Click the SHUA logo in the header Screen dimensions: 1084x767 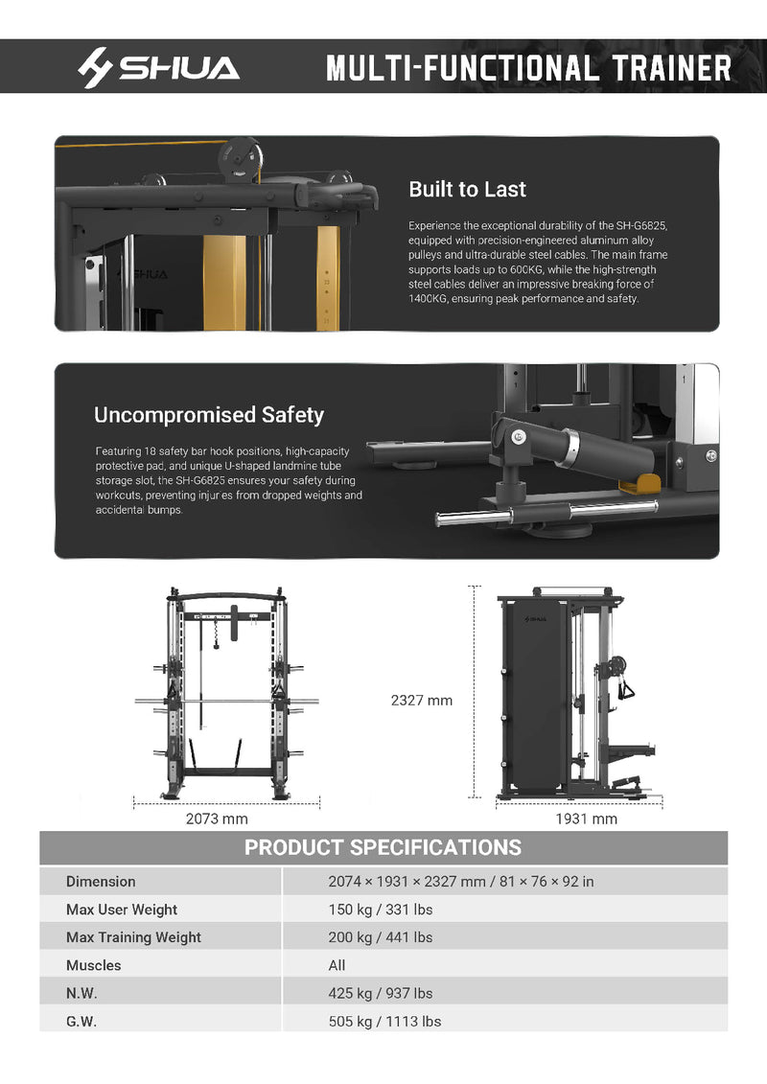(x=158, y=68)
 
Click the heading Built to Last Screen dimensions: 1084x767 (x=467, y=190)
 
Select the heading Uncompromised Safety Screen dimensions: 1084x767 (x=209, y=415)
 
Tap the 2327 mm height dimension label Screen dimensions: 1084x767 (x=421, y=701)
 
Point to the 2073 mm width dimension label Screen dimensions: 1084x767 (x=216, y=819)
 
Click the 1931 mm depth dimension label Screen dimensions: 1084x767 (x=586, y=819)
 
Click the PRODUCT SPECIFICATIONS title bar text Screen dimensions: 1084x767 (x=383, y=847)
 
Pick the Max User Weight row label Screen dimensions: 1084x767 (x=122, y=910)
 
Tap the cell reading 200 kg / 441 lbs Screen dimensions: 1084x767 (x=380, y=937)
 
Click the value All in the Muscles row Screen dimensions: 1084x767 (x=337, y=965)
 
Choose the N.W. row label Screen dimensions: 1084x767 (x=81, y=993)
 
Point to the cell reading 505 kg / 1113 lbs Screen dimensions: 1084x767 (x=384, y=1021)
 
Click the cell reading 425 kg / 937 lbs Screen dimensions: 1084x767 (x=380, y=993)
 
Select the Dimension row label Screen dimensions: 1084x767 (x=101, y=882)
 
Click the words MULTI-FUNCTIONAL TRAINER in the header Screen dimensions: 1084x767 (x=528, y=68)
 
